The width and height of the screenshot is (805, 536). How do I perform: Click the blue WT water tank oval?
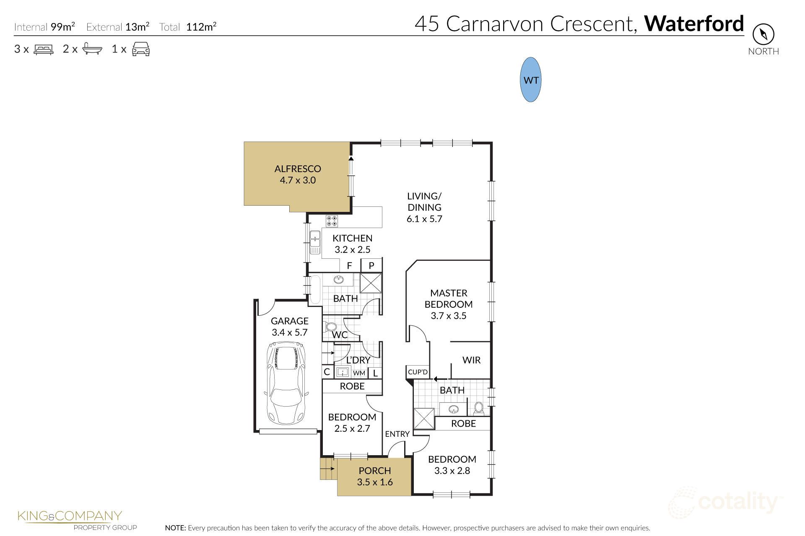click(530, 80)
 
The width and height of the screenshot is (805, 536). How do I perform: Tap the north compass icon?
click(763, 34)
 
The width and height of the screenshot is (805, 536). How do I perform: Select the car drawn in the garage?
click(287, 382)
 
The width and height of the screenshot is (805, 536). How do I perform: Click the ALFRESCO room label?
click(298, 169)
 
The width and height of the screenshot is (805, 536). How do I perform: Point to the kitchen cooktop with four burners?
click(332, 221)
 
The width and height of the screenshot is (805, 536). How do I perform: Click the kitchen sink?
click(315, 243)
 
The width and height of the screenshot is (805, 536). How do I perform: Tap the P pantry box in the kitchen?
click(371, 265)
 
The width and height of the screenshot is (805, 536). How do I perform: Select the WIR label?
click(471, 360)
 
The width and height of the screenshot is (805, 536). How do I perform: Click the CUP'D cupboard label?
click(418, 372)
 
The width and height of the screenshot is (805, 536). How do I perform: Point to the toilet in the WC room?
click(331, 327)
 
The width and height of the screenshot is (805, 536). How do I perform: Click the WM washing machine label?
click(359, 373)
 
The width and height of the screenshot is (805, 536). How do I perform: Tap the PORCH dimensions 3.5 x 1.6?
click(375, 482)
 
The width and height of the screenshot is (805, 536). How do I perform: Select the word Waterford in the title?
click(694, 24)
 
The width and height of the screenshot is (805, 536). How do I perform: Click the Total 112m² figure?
click(201, 27)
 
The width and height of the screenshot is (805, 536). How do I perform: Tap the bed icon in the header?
click(44, 49)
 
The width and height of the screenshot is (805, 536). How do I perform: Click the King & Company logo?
click(70, 519)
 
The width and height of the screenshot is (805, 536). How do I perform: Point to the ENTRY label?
click(397, 434)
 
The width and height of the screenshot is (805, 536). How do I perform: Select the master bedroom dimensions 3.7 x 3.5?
click(449, 316)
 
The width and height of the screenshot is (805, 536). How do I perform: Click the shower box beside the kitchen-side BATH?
click(371, 283)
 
